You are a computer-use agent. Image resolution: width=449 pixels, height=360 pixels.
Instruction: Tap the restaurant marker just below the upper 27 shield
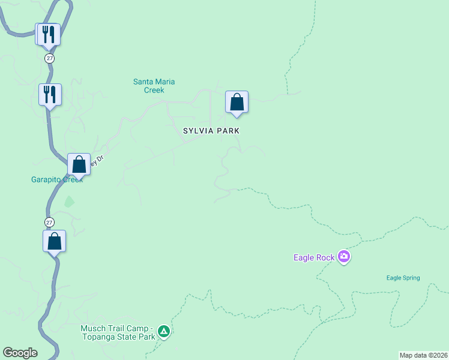(x=50, y=94)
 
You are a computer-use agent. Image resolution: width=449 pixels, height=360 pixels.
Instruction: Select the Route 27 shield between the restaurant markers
(x=50, y=58)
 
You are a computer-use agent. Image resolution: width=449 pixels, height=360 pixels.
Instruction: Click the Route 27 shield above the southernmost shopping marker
(x=50, y=222)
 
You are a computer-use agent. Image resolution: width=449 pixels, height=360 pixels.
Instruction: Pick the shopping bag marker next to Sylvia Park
(x=237, y=102)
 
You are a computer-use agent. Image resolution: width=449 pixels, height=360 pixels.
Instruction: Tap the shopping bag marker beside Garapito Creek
(x=79, y=164)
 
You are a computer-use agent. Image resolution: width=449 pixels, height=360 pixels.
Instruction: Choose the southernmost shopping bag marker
(x=54, y=241)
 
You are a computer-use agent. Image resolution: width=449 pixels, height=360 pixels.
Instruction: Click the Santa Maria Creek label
(x=149, y=86)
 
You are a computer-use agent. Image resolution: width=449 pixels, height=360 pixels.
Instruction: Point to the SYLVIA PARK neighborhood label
(x=211, y=130)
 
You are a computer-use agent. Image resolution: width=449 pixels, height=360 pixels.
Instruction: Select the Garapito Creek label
(x=57, y=179)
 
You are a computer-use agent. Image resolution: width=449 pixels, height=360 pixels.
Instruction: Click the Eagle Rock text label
(x=313, y=257)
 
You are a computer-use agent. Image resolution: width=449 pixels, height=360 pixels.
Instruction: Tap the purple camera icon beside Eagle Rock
(x=344, y=257)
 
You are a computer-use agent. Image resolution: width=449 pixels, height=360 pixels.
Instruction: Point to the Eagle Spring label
(x=403, y=278)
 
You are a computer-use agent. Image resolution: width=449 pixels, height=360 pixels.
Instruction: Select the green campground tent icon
(x=163, y=331)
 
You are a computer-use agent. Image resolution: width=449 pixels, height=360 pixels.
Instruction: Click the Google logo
(x=20, y=353)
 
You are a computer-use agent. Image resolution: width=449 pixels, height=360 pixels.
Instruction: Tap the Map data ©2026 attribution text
(x=423, y=355)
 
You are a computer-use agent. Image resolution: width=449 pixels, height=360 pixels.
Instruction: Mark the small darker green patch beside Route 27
(x=69, y=202)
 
